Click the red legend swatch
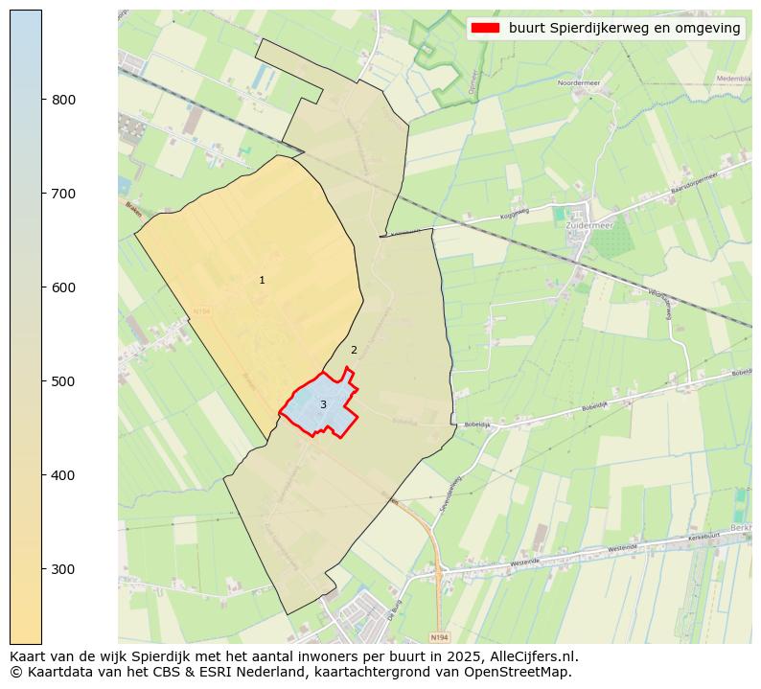(x=486, y=29)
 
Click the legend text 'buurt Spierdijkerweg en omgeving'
(x=624, y=29)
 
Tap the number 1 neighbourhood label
(x=262, y=280)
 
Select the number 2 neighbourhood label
(x=354, y=350)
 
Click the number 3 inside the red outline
(x=323, y=404)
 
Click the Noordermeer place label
(x=578, y=83)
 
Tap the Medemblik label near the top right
(x=733, y=79)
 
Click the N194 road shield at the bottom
(x=438, y=637)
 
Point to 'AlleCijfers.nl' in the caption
(x=532, y=656)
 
